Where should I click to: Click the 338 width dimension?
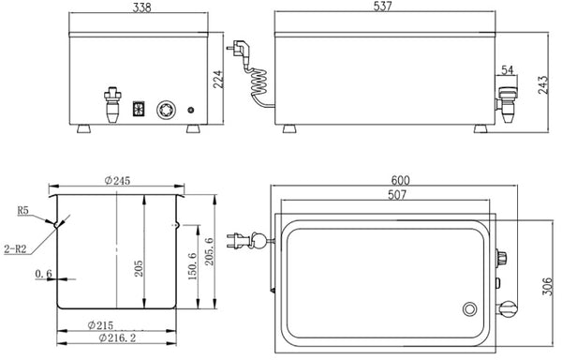(142, 7)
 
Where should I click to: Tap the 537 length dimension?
(383, 7)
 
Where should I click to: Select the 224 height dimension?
(218, 80)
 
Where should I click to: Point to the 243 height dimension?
(543, 84)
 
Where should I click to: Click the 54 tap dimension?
(507, 70)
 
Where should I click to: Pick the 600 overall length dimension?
(400, 180)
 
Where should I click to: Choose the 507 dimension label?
(397, 195)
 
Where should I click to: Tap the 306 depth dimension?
(547, 286)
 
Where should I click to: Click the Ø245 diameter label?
(117, 181)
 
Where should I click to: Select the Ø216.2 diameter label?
(117, 337)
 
